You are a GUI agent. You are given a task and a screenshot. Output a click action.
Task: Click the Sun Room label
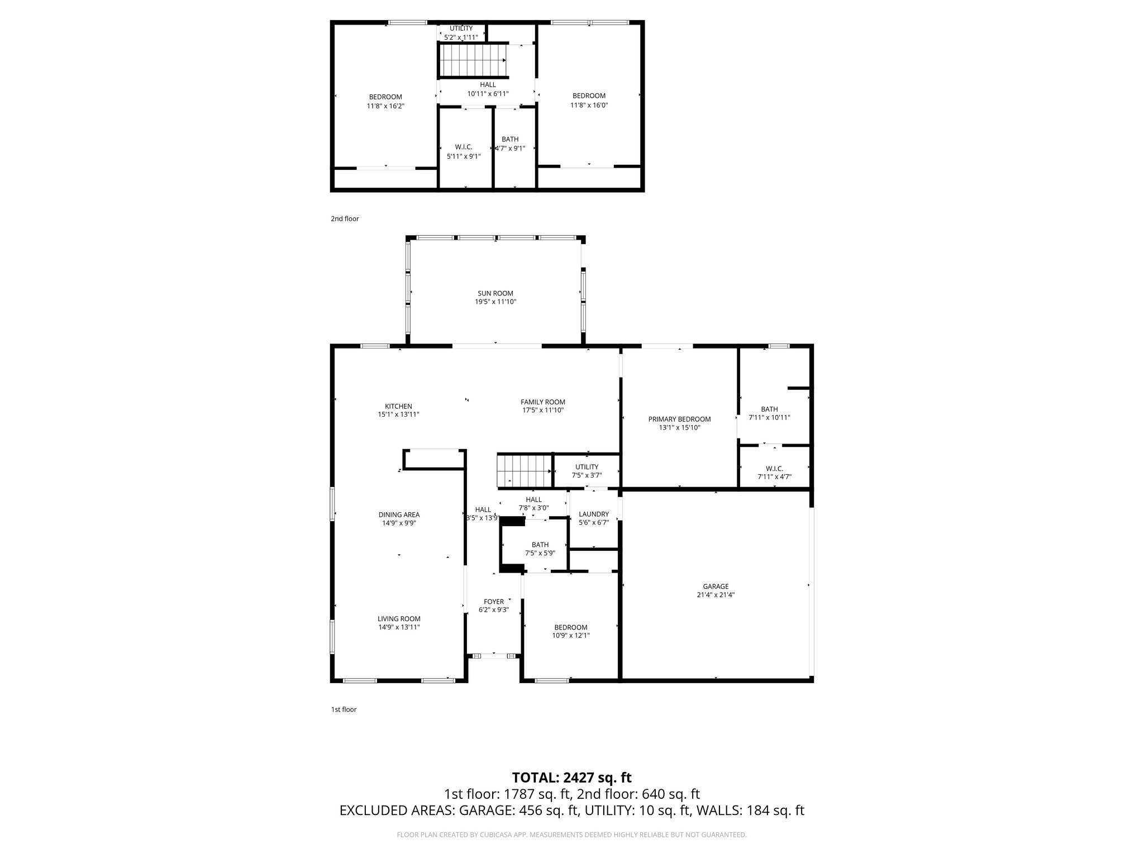click(x=495, y=293)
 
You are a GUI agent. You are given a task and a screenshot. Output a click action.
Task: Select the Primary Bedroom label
click(x=679, y=419)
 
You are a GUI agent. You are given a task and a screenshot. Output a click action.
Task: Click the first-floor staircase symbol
click(x=524, y=471)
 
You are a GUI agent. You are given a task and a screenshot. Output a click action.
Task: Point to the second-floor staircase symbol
click(x=472, y=60)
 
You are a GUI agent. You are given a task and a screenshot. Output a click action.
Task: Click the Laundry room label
click(x=593, y=514)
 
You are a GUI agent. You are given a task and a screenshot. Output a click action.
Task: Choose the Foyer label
click(x=494, y=602)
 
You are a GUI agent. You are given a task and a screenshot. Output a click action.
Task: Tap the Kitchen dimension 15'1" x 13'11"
click(x=398, y=414)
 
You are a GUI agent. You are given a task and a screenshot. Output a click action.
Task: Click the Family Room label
click(x=542, y=402)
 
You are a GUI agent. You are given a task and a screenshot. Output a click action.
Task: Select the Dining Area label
click(x=399, y=514)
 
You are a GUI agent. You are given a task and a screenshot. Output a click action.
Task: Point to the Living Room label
click(x=399, y=618)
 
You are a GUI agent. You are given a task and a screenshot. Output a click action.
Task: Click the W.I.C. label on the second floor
click(x=464, y=147)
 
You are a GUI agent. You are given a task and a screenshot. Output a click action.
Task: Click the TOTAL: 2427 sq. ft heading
click(x=571, y=777)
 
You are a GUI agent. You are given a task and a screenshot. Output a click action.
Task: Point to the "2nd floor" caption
click(x=345, y=219)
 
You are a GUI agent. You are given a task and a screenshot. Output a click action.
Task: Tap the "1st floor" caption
click(x=344, y=709)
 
